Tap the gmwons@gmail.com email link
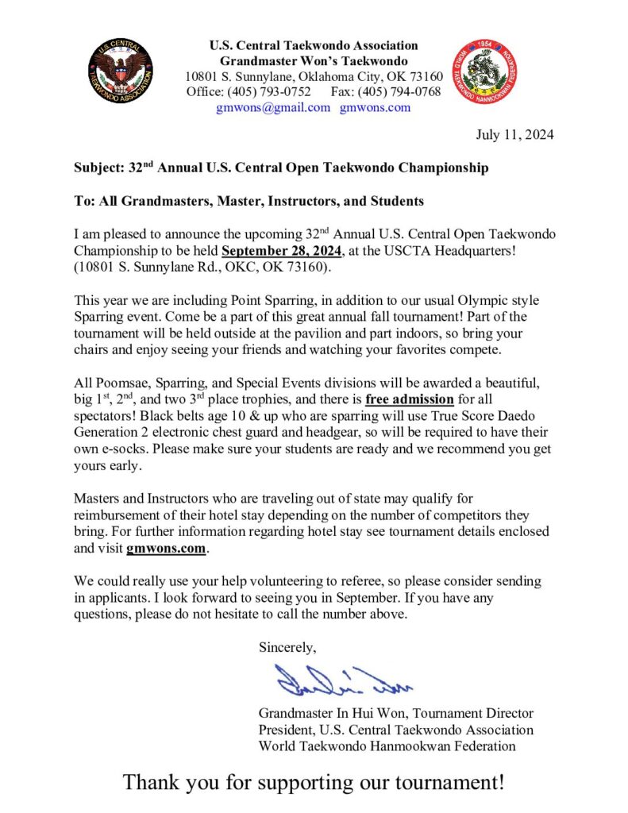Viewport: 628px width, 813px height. tap(273, 107)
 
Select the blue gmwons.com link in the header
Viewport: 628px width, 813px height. tap(375, 107)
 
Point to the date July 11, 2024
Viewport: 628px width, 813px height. tap(514, 134)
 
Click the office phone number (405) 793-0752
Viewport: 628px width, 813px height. tap(275, 92)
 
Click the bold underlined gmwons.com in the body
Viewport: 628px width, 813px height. tap(166, 548)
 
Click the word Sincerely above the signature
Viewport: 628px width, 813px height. tap(287, 646)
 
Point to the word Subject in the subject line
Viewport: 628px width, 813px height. tap(97, 168)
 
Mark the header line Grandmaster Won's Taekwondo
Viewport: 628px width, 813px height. tap(314, 61)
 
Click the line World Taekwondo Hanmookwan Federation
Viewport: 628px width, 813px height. tap(387, 746)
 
